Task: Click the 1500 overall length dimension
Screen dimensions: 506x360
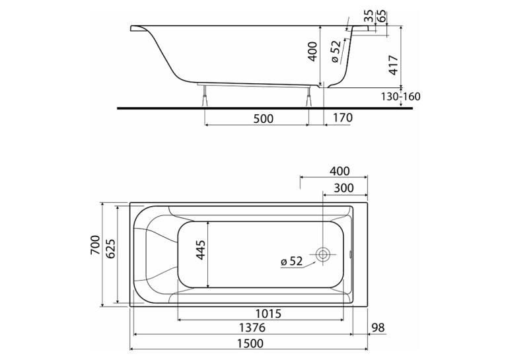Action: coord(250,343)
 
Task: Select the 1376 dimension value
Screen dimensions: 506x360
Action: coord(252,328)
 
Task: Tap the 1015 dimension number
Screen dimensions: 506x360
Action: coord(268,313)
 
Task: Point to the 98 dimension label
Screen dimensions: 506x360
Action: coord(379,328)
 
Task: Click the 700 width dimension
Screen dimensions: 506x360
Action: coord(95,246)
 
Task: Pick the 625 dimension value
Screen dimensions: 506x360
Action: coord(110,249)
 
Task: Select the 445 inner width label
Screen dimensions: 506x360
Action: coord(200,250)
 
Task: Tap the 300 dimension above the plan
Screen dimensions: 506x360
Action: coord(343,188)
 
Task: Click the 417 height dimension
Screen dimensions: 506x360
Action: coord(394,65)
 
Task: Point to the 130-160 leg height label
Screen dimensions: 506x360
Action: coord(401,96)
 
